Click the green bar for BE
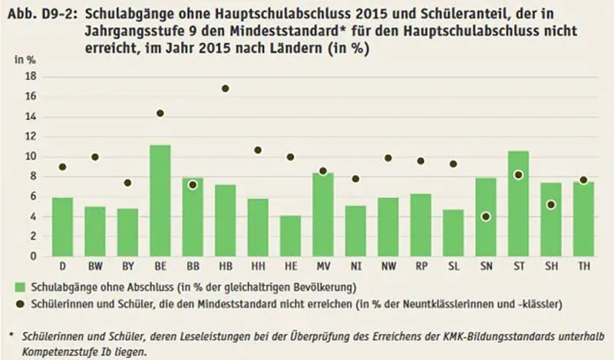pyautogui.click(x=160, y=201)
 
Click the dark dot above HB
pyautogui.click(x=226, y=89)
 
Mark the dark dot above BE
pyautogui.click(x=160, y=114)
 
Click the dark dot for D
pyautogui.click(x=62, y=167)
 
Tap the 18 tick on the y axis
pyautogui.click(x=32, y=77)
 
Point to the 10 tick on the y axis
pyautogui.click(x=32, y=157)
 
